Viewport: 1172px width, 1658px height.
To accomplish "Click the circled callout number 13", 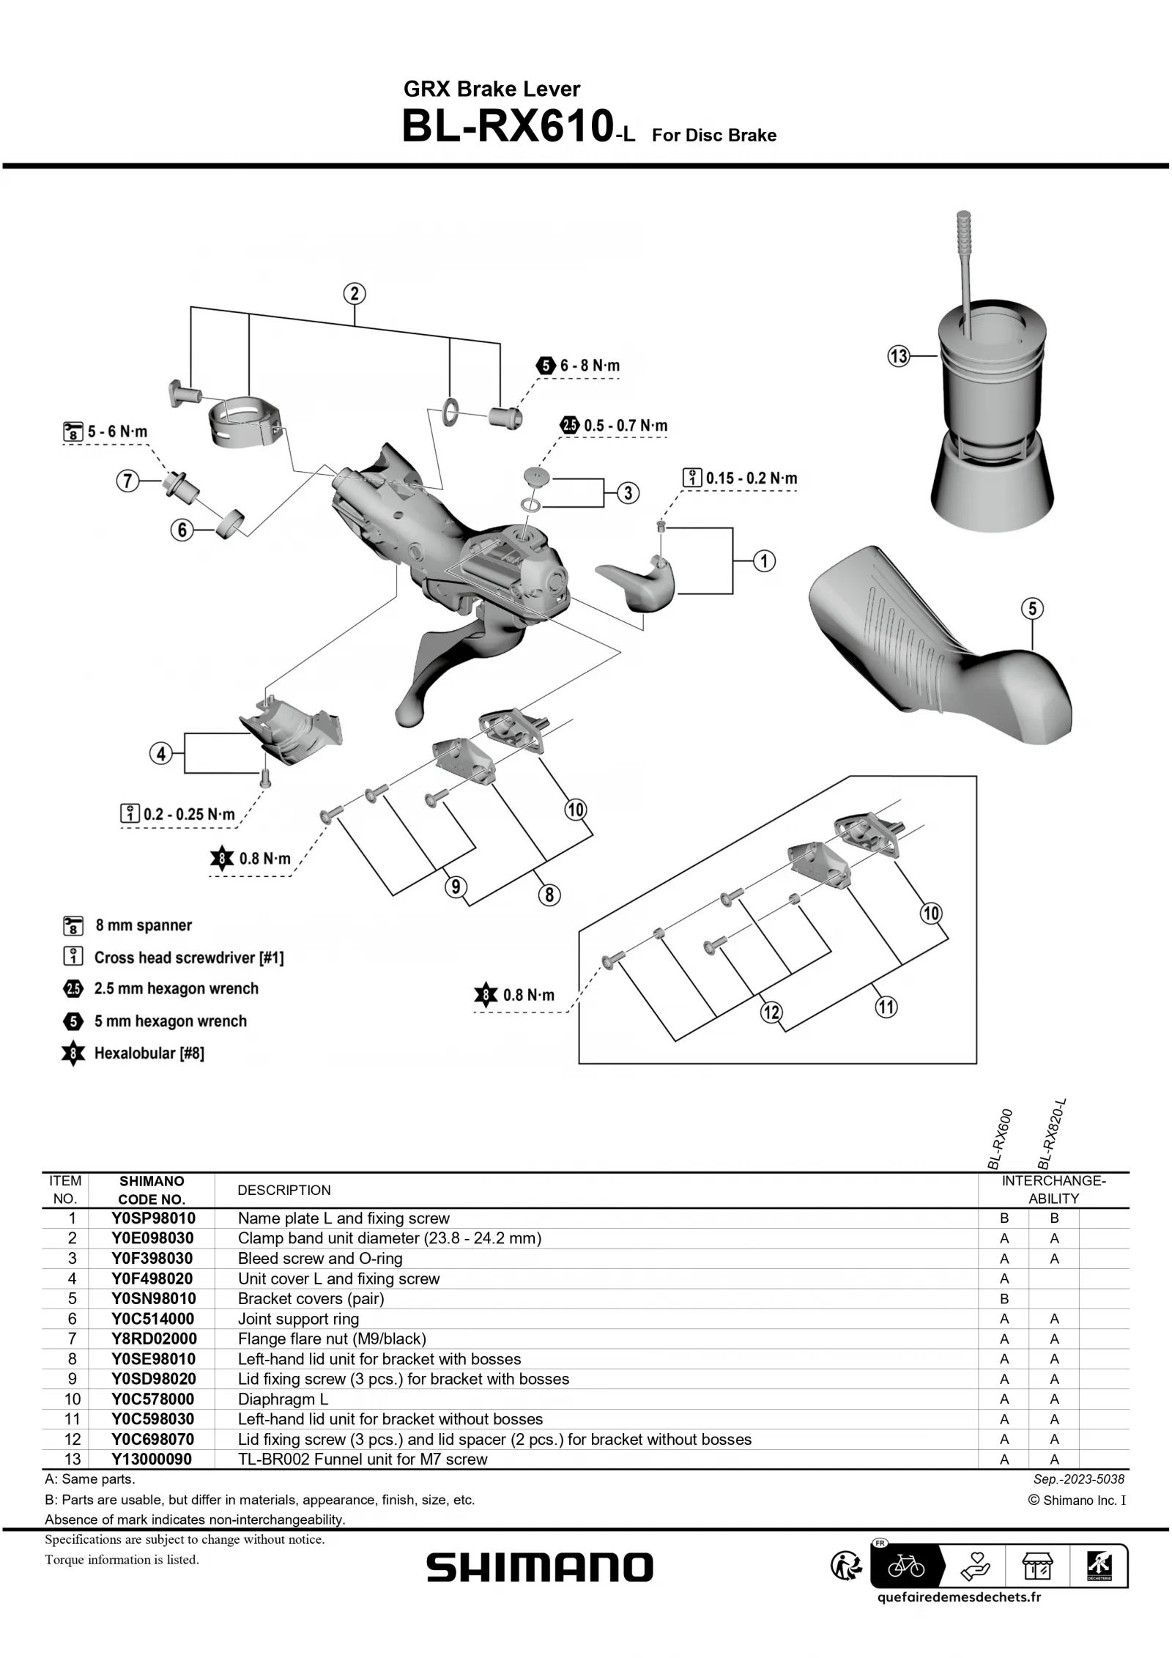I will coord(898,357).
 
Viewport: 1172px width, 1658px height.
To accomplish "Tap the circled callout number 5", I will coord(1032,609).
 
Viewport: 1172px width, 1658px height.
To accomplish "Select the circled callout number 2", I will coord(355,294).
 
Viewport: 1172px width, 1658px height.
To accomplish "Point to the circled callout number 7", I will coord(127,481).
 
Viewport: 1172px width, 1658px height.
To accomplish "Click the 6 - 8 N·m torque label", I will coord(590,366).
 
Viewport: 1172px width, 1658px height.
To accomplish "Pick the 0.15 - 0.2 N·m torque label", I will coord(751,478).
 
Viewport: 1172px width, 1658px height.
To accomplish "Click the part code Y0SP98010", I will coord(152,1218).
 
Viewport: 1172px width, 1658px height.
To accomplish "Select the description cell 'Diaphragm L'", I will coord(283,1399).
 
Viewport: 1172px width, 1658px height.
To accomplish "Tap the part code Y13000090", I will coord(152,1459).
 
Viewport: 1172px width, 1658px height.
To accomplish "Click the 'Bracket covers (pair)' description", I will coord(311,1298).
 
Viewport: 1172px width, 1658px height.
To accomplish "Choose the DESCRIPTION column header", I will coord(284,1190).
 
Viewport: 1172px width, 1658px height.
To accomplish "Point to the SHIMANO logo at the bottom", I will coord(540,1568).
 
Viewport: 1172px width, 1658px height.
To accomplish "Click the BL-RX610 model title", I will coord(507,127).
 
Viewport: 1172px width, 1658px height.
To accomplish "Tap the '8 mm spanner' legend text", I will coord(144,925).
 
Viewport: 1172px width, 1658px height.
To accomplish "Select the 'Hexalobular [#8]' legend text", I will coord(149,1054).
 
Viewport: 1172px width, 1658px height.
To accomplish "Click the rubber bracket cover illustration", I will coord(938,645).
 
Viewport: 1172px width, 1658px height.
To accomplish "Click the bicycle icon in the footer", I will coord(906,1568).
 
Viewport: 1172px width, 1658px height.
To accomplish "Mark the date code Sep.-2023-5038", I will coord(1078,1479).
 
